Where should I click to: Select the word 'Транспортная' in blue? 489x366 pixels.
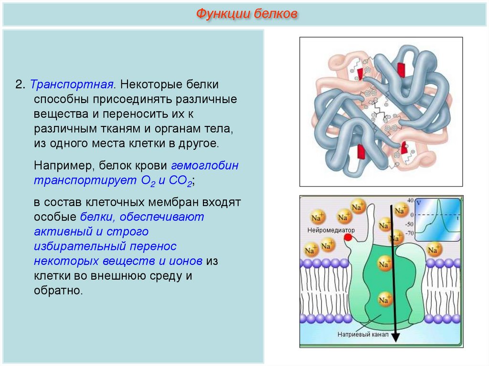click(x=72, y=84)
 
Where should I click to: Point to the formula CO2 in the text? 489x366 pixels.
click(x=182, y=181)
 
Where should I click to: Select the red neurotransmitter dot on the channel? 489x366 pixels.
click(x=348, y=237)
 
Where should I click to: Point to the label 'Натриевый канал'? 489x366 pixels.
click(x=359, y=335)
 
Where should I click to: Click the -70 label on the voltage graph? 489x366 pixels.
click(x=409, y=234)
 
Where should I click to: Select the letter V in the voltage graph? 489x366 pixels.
click(x=418, y=203)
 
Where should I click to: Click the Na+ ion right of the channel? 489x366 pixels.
click(x=435, y=249)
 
